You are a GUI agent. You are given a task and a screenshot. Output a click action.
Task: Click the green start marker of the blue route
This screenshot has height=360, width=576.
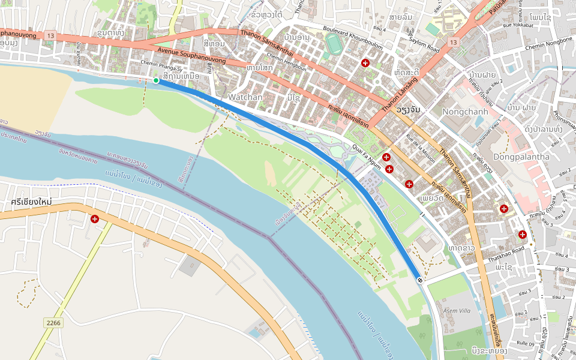pos(156,80)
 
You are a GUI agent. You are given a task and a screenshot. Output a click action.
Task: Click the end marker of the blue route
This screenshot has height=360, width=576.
pos(419,280)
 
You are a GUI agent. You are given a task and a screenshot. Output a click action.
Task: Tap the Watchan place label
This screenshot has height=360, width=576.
pos(245,97)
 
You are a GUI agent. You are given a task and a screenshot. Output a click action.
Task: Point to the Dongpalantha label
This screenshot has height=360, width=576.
pos(521,157)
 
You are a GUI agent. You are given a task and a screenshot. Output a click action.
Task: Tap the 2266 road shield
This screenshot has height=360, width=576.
pos(53,323)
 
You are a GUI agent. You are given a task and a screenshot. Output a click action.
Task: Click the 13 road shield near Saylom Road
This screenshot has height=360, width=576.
pos(452,42)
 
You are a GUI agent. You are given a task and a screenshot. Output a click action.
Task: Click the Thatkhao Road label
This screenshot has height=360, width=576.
pos(506,254)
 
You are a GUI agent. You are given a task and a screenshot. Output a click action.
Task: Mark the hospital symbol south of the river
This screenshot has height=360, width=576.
pos(95,219)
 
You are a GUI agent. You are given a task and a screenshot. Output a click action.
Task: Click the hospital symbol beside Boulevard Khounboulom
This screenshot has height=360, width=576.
pos(365,63)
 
